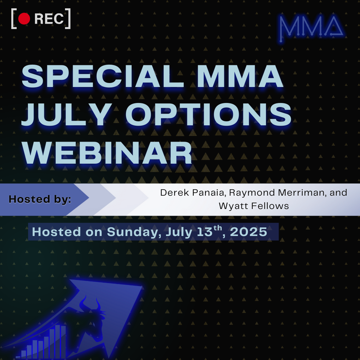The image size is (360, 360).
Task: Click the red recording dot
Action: (24, 19)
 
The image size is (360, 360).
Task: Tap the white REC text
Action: (49, 19)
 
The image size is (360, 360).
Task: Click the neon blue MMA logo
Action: (311, 27)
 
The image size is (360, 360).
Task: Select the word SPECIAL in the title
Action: (103, 76)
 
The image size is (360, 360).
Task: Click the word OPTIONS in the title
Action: (208, 114)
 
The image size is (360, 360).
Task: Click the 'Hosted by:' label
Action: (40, 199)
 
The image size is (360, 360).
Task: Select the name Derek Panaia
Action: (192, 193)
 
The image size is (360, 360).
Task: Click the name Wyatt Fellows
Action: (254, 206)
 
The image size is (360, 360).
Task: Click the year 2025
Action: (248, 232)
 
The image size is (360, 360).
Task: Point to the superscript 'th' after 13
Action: (218, 228)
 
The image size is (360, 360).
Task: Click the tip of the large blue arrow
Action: (142, 286)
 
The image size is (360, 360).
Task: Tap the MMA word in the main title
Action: (240, 76)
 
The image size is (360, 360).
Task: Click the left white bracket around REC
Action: (14, 19)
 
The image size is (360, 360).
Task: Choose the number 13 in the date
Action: (205, 232)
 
